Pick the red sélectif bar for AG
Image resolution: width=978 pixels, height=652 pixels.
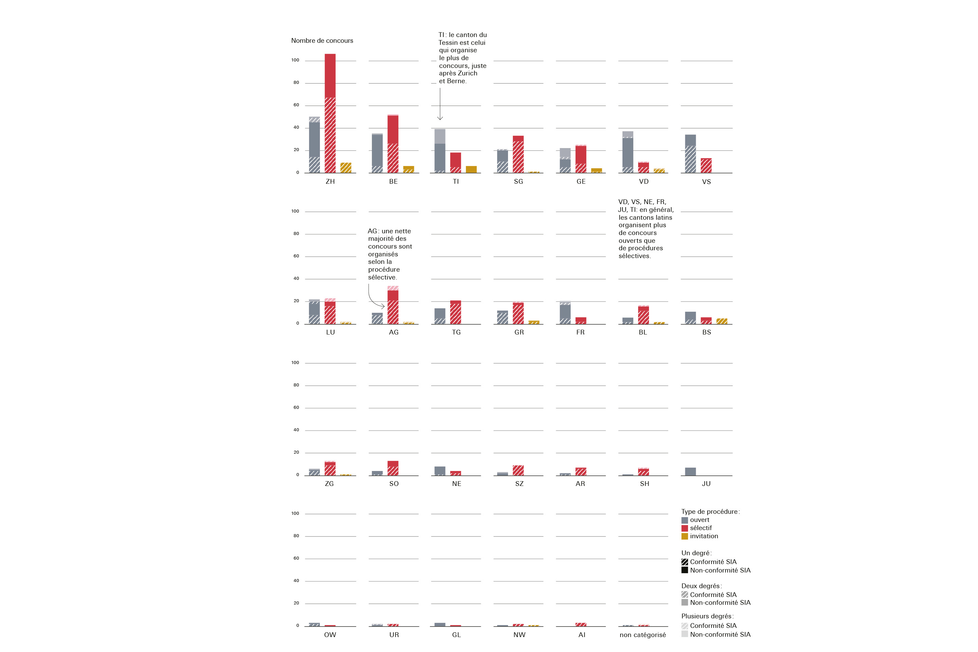click(x=393, y=305)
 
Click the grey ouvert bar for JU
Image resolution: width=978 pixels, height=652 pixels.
click(x=690, y=472)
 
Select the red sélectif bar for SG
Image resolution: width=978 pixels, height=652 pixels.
click(x=518, y=154)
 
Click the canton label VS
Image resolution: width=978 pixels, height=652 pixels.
click(x=706, y=182)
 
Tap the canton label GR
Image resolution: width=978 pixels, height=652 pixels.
click(x=519, y=332)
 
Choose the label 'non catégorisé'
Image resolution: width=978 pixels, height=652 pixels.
click(x=642, y=635)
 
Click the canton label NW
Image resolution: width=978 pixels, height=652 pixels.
click(x=519, y=635)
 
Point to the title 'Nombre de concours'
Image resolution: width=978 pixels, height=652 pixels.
click(x=322, y=40)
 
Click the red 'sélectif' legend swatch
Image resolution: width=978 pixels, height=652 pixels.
click(x=685, y=528)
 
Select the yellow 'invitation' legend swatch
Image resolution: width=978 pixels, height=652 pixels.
click(x=685, y=537)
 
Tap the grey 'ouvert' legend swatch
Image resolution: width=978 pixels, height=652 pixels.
click(x=685, y=520)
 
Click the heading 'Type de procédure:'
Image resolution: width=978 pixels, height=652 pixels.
click(x=710, y=511)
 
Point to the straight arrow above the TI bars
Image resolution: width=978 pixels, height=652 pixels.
click(x=440, y=104)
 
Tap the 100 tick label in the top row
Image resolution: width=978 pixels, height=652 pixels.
click(x=295, y=60)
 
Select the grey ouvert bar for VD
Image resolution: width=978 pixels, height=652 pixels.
click(x=628, y=152)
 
